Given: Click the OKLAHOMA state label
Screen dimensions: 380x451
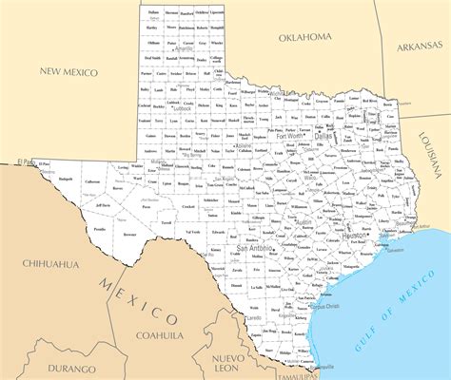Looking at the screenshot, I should point(305,37).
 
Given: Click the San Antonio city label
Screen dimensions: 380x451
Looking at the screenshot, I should point(256,248).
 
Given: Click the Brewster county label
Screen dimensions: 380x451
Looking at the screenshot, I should point(129,234).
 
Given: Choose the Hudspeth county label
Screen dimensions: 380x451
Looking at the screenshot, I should point(65,179).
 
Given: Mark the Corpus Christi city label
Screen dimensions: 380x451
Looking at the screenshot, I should point(324,307).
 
